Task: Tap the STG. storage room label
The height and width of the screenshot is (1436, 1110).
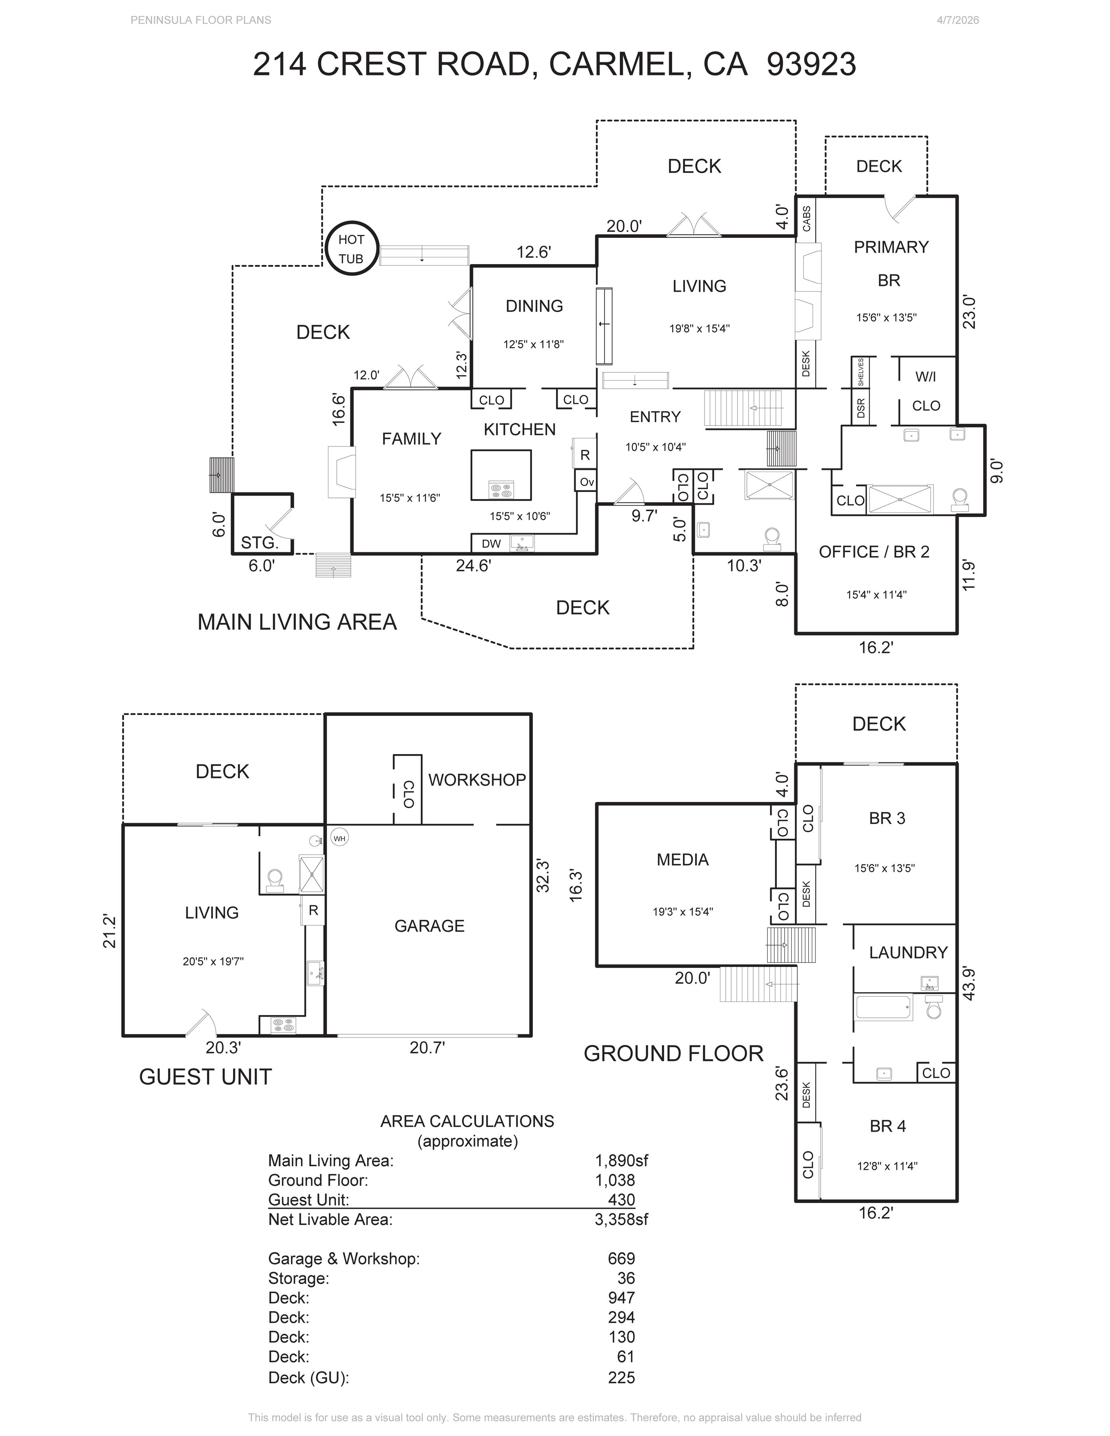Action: coord(260,543)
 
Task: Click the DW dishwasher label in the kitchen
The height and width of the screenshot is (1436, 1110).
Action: coord(491,544)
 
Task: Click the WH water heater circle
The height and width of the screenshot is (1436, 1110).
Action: coord(339,838)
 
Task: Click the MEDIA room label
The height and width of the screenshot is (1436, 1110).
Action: coord(683,859)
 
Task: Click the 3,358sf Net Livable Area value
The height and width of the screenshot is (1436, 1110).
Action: coord(621,1220)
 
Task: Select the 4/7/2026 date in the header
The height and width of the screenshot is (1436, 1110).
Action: coord(958,20)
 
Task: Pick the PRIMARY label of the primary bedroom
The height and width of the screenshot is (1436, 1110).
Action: coord(891,247)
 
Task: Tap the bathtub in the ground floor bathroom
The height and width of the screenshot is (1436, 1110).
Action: coord(884,1007)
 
